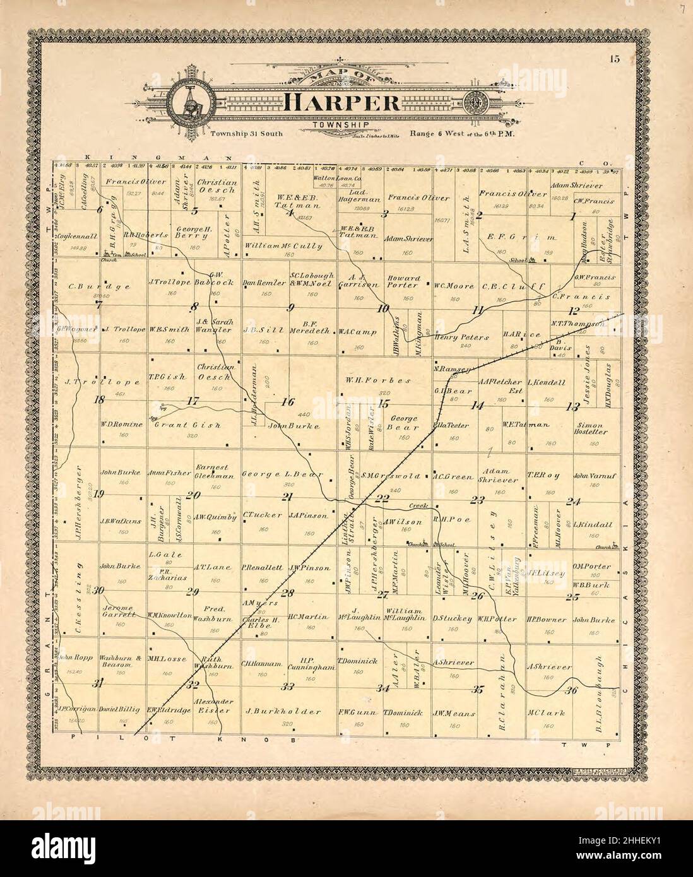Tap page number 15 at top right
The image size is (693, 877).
coord(614,60)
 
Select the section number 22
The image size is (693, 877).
coord(382,498)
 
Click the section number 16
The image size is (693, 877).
coord(288,401)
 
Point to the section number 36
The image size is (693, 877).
coord(572,690)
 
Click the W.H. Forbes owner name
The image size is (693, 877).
coord(379,380)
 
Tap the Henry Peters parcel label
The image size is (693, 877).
coord(461,337)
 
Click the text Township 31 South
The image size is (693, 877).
coord(247,133)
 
